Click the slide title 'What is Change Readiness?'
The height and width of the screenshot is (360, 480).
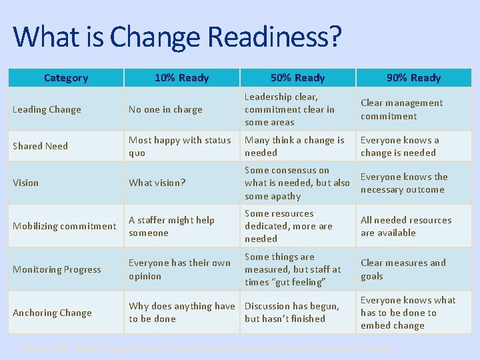177,37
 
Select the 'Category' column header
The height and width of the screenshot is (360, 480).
65,78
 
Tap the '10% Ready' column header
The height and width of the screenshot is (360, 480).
181,78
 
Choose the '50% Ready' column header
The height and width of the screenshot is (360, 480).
297,78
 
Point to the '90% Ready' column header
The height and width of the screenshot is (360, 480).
413,78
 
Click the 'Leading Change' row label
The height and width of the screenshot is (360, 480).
47,109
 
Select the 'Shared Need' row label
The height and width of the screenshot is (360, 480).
40,146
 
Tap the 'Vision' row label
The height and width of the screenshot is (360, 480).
26,183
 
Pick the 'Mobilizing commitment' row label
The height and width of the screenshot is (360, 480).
65,226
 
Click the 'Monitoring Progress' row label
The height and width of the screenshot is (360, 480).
57,269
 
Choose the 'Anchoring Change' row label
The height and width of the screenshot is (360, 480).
52,313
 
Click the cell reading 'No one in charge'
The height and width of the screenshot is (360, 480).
165,109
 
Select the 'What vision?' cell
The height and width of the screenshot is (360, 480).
157,183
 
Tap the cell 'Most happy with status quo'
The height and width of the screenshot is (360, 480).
179,146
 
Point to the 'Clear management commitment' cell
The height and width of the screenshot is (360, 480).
401,109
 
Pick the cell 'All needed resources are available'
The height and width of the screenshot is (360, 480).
406,226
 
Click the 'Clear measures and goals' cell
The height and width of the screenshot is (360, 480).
403,269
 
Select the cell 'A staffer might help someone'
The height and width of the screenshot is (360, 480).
171,226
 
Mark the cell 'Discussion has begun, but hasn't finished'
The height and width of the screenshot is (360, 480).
291,313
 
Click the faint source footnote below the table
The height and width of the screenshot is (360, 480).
207,348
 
